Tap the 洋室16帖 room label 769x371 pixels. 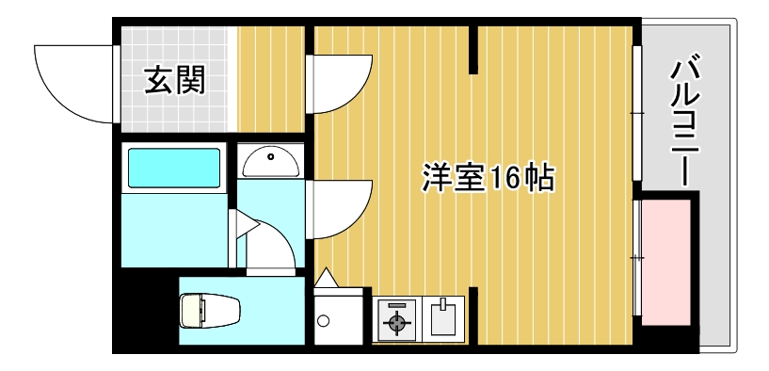coord(487,177)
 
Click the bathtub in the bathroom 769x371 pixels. coord(173,168)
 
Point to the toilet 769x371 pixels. coord(211,310)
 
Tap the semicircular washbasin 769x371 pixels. coord(270,162)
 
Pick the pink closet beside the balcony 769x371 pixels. coord(665,258)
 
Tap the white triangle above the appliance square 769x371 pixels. coord(326,279)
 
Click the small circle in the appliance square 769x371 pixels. coord(324,321)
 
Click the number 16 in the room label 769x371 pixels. coord(504,177)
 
